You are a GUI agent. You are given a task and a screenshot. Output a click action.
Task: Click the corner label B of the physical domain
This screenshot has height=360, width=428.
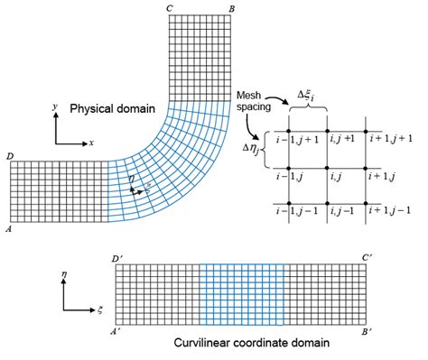232,9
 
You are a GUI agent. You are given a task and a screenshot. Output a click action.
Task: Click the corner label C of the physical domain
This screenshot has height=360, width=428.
170,9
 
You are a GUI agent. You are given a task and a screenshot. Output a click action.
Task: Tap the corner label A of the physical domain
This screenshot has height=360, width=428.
8,230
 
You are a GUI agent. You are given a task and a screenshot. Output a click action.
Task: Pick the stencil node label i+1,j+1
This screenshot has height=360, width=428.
390,137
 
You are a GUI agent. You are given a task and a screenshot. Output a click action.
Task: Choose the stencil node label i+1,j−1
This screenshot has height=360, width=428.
390,211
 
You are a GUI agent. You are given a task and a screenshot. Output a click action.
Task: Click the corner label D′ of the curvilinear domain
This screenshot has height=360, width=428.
119,259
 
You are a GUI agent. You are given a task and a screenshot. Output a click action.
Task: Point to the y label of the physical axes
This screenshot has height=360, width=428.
55,106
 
